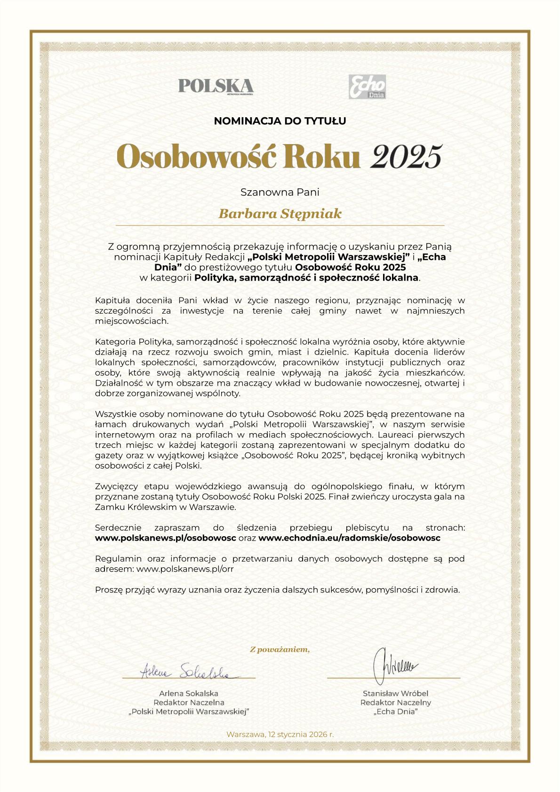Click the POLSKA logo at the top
pyautogui.click(x=216, y=86)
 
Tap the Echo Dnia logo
pyautogui.click(x=367, y=87)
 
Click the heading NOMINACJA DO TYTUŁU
pyautogui.click(x=280, y=121)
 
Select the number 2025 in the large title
pyautogui.click(x=407, y=156)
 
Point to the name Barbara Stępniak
pyautogui.click(x=280, y=214)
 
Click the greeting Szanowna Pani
pyautogui.click(x=280, y=192)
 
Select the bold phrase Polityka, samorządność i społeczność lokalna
pyautogui.click(x=306, y=278)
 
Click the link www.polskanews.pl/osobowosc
pyautogui.click(x=166, y=538)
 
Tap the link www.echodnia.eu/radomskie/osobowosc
pyautogui.click(x=349, y=538)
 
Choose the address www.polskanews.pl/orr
pyautogui.click(x=185, y=569)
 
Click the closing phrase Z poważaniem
pyautogui.click(x=280, y=650)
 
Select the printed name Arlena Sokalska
pyautogui.click(x=189, y=693)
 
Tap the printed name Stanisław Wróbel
pyautogui.click(x=395, y=693)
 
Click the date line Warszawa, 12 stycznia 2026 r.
pyautogui.click(x=280, y=734)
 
